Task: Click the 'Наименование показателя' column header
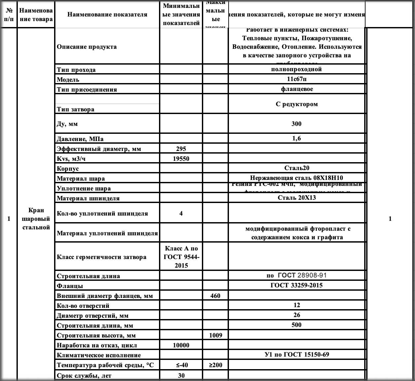click(107, 15)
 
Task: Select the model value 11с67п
click(297, 79)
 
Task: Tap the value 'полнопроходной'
click(296, 69)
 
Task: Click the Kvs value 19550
click(181, 159)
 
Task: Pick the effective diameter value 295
click(181, 149)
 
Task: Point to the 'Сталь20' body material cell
click(297, 168)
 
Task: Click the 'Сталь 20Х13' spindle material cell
click(297, 198)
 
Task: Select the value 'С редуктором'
click(297, 104)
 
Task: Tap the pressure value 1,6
click(297, 138)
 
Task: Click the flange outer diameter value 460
click(215, 296)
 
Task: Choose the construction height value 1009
click(215, 336)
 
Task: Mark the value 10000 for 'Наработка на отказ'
click(181, 345)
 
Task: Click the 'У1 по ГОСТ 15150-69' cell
click(297, 355)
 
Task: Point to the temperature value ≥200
click(215, 365)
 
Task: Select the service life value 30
click(181, 375)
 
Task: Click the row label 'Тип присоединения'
click(87, 90)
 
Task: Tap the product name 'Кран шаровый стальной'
click(36, 219)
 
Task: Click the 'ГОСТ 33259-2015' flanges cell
click(297, 285)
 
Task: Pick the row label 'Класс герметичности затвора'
click(102, 257)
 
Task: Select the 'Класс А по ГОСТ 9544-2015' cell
click(181, 257)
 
